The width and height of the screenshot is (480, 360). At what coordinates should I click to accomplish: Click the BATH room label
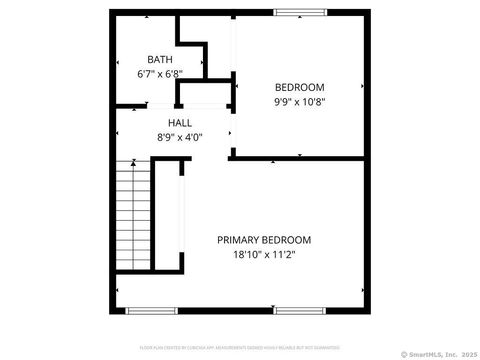(x=160, y=60)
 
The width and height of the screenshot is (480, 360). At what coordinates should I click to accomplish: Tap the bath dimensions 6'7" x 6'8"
(x=159, y=74)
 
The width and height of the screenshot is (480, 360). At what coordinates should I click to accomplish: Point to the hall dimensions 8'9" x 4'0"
(x=180, y=137)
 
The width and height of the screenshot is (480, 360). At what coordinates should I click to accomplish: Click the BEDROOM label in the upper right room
(x=300, y=87)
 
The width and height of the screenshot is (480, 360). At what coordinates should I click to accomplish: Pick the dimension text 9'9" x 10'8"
(x=300, y=101)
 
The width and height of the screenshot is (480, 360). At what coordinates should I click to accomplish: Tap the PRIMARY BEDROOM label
(x=264, y=240)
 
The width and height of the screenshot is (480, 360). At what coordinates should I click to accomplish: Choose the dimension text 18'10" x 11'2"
(x=264, y=254)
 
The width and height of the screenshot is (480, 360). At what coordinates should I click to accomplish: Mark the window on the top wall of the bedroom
(x=300, y=12)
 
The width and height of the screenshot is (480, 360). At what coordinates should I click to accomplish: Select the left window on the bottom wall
(x=145, y=310)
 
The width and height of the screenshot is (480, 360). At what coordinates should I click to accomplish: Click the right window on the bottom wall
(x=300, y=310)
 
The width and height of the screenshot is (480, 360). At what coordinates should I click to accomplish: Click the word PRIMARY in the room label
(x=240, y=240)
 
